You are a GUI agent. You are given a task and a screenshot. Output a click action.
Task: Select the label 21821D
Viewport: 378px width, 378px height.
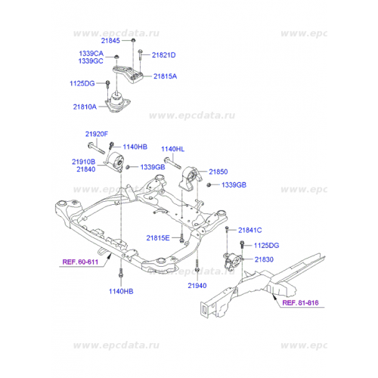coord(163,55)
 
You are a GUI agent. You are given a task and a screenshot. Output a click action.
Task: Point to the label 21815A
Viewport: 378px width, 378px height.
coord(166,76)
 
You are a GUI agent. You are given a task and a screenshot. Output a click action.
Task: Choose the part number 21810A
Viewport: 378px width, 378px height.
coord(85,107)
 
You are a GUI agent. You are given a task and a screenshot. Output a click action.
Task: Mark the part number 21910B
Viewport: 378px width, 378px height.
coord(84,162)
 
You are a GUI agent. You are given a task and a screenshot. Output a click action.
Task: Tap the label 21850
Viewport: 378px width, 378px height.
coord(218,172)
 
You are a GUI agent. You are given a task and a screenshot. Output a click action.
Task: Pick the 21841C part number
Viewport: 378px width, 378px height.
coord(249,230)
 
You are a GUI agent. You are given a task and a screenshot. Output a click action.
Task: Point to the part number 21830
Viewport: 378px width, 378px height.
coord(264,259)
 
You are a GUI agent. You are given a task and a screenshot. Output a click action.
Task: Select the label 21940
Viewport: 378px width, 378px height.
coord(197,286)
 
